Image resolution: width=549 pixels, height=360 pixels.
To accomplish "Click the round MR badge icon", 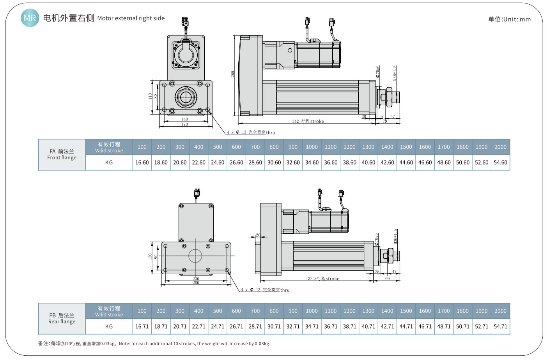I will tap(30, 18).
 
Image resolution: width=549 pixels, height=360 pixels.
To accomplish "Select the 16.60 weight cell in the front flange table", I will tap(142, 162).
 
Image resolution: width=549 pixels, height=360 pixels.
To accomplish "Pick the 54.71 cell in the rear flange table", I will tap(500, 326).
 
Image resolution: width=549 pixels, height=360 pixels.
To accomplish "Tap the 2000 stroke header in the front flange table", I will tap(500, 147).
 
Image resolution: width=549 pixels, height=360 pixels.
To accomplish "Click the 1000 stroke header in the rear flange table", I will tap(312, 311).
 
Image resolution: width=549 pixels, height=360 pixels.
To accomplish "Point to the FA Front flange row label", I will tap(62, 155).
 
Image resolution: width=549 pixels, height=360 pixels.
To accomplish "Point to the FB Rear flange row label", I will tap(62, 319).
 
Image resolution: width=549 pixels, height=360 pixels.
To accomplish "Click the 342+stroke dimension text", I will tap(308, 121).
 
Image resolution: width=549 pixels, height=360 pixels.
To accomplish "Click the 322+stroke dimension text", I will tap(324, 279).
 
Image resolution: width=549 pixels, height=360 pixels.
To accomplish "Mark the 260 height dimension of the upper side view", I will tap(233, 74).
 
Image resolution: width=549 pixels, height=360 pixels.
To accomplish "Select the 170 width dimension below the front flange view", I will tap(184, 124).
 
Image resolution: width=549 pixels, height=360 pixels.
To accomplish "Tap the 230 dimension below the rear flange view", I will tap(196, 279).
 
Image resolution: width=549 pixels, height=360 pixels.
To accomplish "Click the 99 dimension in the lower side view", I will tap(387, 279).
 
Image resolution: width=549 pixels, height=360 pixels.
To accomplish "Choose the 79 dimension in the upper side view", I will tap(385, 121).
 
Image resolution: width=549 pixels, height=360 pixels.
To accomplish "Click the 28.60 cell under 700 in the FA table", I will tap(255, 162).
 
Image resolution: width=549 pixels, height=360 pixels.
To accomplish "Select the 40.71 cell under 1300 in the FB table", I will tap(368, 326).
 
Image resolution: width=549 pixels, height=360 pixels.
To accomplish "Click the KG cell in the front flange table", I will tap(109, 162).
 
